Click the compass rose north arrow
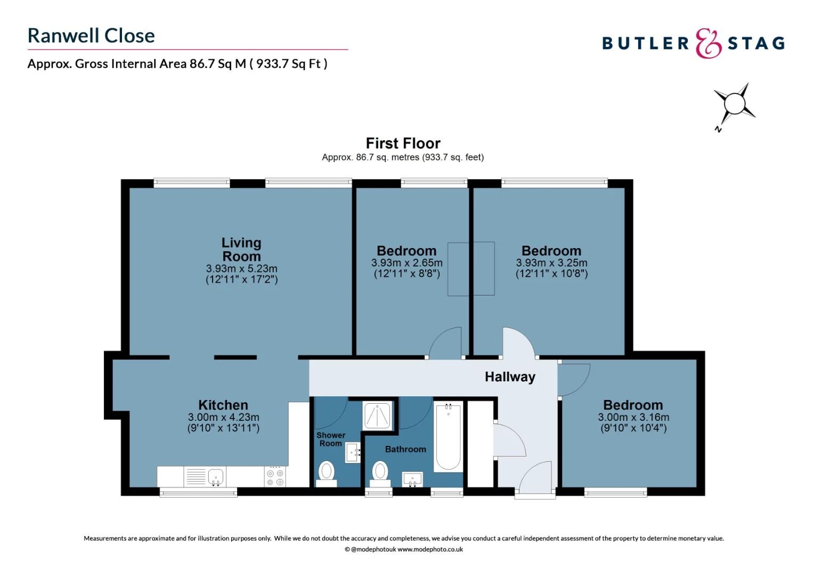coord(734,103)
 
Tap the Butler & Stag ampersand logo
coord(708,43)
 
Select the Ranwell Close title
coord(91,36)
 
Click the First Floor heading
coord(403,143)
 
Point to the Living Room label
coord(241,250)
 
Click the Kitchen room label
coord(223,405)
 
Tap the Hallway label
coord(510,377)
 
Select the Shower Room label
coord(331,439)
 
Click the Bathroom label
coord(405,450)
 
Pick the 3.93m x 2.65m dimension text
coord(407,263)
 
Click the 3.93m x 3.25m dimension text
coord(551,263)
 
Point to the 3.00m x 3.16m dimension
coord(633,418)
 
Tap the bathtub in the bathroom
coord(448,437)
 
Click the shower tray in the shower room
coord(377,415)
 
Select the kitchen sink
coord(215,476)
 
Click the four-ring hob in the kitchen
coord(275,477)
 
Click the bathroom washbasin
coord(412,479)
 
